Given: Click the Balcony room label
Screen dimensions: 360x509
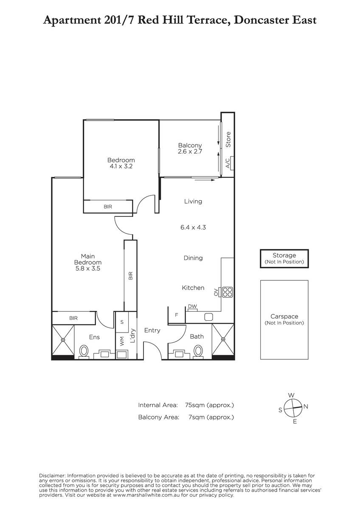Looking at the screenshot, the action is (190, 145).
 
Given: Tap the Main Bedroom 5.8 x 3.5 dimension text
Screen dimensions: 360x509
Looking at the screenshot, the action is (88, 268).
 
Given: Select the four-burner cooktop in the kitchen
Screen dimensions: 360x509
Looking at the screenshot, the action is (227, 292).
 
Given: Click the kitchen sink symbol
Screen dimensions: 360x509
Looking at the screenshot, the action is (208, 317).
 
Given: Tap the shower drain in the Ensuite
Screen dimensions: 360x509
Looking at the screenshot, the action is (63, 340).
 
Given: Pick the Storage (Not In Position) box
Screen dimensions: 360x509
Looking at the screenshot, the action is (284, 259).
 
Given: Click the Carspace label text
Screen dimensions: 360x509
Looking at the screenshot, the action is (284, 316).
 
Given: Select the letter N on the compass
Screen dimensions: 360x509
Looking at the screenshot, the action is (306, 406).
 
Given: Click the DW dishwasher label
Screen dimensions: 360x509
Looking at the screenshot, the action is (192, 307).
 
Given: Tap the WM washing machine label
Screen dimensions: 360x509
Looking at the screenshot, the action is (122, 341).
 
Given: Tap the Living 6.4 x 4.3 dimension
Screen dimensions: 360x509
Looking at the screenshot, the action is (193, 227).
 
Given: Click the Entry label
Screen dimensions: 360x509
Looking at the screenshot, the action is (152, 330).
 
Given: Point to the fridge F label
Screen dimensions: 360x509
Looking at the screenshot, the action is (177, 315).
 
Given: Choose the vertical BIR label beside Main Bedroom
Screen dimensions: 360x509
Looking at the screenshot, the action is (130, 276).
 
